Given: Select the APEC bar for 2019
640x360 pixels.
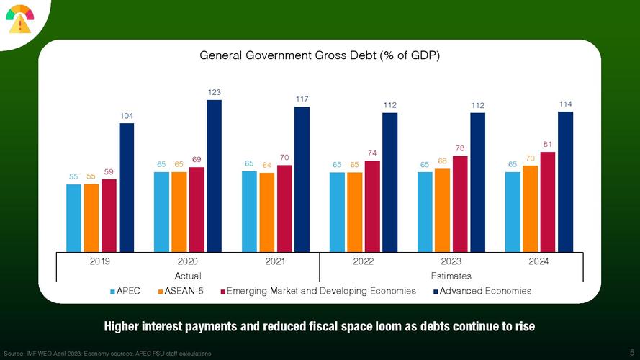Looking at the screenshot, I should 73,217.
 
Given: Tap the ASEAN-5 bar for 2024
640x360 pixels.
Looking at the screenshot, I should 530,208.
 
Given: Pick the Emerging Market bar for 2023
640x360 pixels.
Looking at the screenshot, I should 459,203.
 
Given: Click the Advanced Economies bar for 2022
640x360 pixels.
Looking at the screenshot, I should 389,181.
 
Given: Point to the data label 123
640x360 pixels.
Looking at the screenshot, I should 214,92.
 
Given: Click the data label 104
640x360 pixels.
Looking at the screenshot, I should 126,116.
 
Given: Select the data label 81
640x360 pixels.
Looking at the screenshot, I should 547,144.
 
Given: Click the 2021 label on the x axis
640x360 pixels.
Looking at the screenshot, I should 275,261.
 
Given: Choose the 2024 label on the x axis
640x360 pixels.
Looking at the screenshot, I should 538,261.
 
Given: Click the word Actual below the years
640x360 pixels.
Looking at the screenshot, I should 188,276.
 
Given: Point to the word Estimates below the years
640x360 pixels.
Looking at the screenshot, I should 451,276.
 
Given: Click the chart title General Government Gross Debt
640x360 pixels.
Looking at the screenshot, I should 320,55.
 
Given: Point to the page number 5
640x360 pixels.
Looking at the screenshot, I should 631,353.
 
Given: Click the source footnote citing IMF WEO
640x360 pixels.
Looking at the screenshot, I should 108,354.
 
